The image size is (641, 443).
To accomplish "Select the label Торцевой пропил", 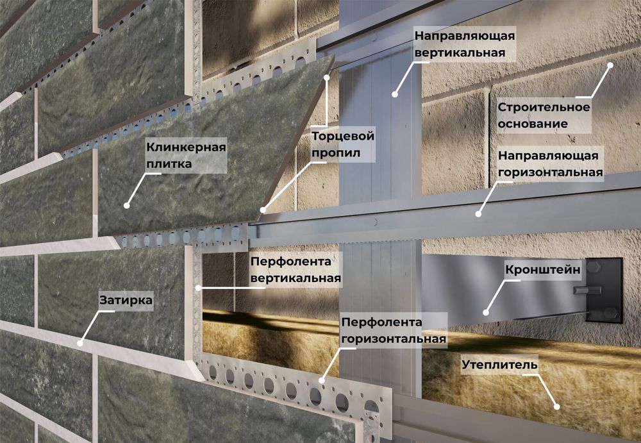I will [342, 145].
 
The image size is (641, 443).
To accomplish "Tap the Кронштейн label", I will [543, 271].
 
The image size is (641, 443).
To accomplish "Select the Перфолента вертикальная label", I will [294, 270].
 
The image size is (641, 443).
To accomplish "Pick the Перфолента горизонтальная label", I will [394, 330].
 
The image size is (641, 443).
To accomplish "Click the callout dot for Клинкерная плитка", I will [126, 206].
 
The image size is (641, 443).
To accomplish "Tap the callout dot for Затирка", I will [81, 342].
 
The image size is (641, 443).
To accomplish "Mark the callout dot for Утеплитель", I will [556, 406].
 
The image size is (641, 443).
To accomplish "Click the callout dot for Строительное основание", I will [611, 64].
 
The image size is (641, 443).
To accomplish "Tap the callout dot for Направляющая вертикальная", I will [395, 94].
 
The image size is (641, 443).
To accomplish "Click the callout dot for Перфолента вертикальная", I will [198, 287].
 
